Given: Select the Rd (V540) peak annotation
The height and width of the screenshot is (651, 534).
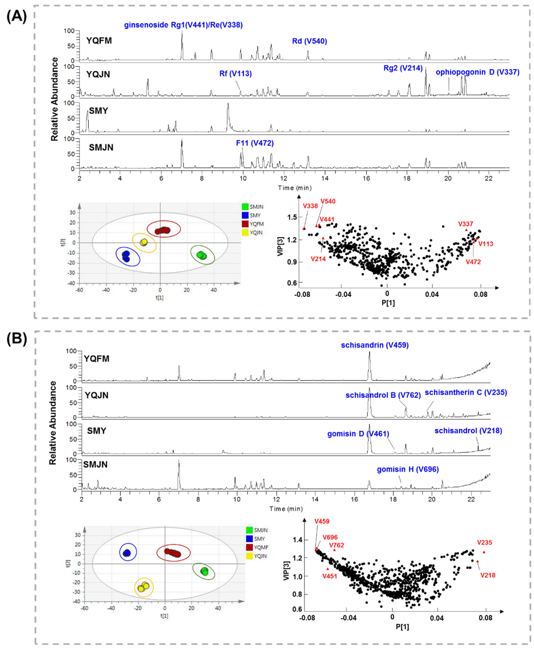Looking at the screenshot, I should pos(309,41).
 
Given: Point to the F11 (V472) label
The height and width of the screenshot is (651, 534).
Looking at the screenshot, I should pos(255,143).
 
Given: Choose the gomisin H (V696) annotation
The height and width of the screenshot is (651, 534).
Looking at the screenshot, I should pos(408,469).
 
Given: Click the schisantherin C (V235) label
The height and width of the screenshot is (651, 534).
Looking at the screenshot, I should pos(466,393).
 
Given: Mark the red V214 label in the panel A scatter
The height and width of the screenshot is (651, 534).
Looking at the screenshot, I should pos(318,259).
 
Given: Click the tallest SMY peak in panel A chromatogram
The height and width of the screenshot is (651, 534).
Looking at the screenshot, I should pos(228,105).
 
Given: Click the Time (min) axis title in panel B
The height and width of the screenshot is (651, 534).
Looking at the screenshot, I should pos(286,509).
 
